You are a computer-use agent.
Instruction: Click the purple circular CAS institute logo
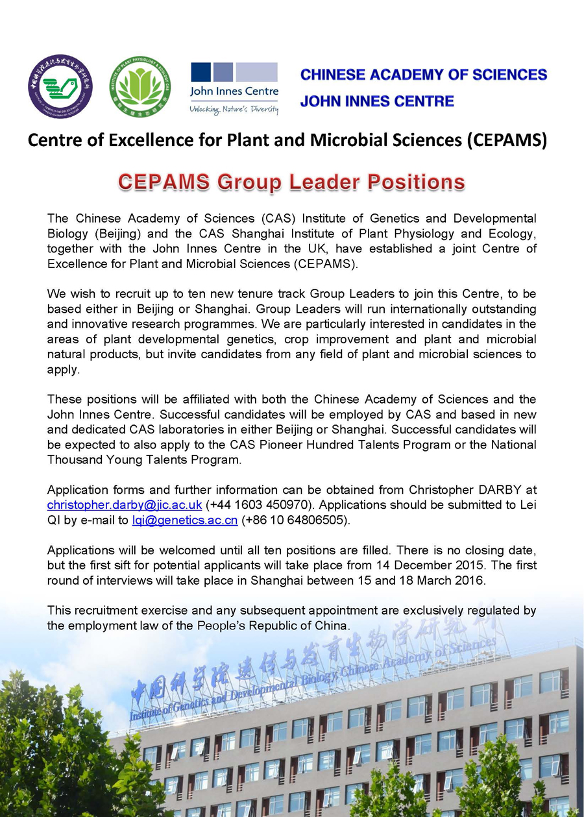click(x=60, y=87)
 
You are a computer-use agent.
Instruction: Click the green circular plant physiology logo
click(x=140, y=87)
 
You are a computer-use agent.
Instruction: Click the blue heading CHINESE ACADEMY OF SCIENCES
click(x=424, y=75)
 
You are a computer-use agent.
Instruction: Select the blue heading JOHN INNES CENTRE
click(x=377, y=101)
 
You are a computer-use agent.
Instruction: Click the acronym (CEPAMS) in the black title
click(x=506, y=140)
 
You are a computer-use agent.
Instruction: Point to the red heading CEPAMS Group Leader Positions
click(x=291, y=182)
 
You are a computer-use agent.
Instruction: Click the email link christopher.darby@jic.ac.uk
click(x=125, y=504)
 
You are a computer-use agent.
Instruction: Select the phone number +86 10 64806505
click(x=298, y=520)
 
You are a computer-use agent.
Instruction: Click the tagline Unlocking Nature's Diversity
click(x=234, y=109)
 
